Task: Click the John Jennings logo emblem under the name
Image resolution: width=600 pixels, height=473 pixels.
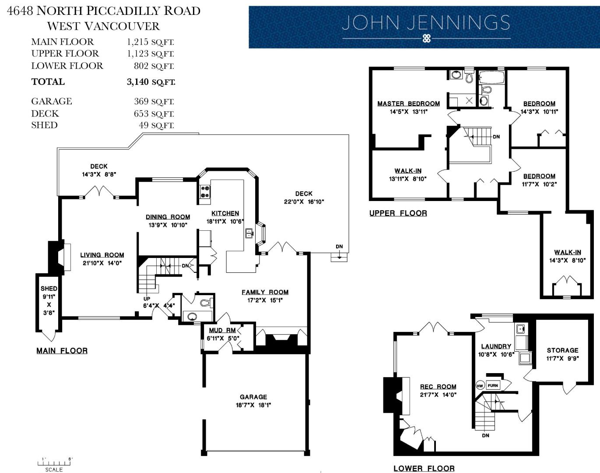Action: coord(426,38)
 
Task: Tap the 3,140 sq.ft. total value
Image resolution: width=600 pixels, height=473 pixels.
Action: coord(151,82)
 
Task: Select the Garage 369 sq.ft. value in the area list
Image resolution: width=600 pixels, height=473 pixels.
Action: coord(154,101)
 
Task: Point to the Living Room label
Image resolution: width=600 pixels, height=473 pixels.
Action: coord(102,255)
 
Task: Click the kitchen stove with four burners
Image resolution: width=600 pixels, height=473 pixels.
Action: coord(205,192)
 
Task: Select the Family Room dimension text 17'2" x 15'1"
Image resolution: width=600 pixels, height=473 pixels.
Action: coord(265,300)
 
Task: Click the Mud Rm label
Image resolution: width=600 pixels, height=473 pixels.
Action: coord(222,330)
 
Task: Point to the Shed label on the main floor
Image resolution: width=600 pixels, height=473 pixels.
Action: coord(49,289)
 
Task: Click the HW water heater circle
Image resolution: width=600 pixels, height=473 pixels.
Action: coord(480,386)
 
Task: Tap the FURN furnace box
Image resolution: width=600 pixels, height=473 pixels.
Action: coord(493,385)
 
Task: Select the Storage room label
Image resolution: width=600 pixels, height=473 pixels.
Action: coord(563,350)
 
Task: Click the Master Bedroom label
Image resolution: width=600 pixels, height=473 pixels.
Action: coord(408,103)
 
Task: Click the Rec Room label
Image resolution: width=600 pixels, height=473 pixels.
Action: coord(438,386)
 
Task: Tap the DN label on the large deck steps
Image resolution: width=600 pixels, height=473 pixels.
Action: coord(339,247)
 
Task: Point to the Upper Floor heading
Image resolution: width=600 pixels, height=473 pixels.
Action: coord(398,213)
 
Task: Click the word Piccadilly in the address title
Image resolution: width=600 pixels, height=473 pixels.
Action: coord(123,11)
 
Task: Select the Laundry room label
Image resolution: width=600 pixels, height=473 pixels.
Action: coord(496,346)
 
